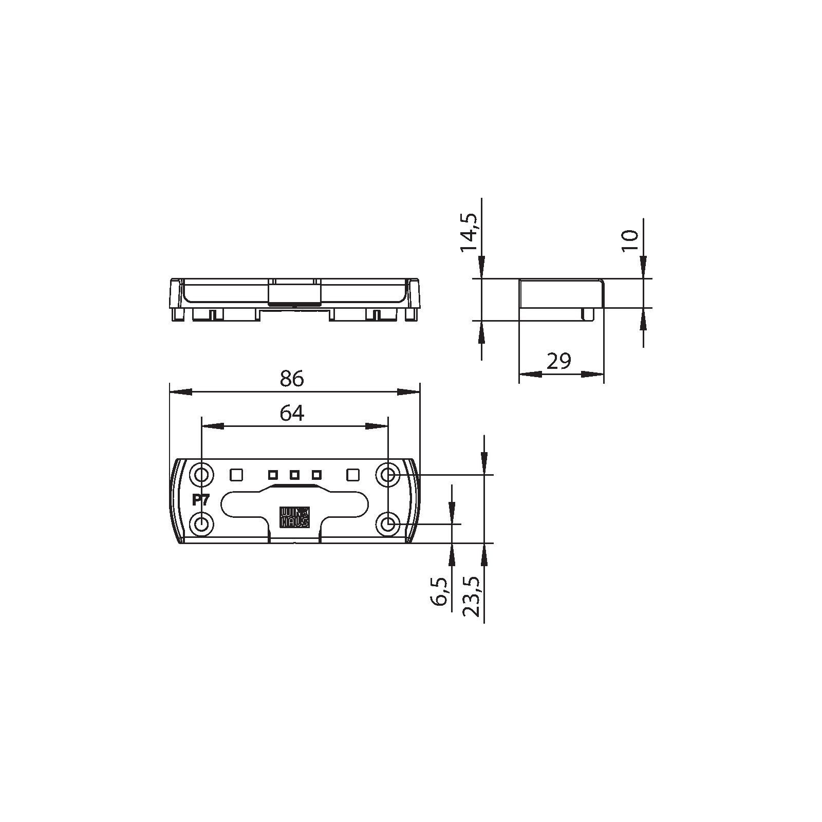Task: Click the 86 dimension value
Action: click(x=292, y=379)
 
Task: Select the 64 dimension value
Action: click(x=292, y=413)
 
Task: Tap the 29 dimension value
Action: click(x=559, y=362)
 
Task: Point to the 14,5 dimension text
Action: click(x=469, y=232)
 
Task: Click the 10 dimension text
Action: click(x=630, y=240)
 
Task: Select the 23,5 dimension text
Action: click(x=471, y=596)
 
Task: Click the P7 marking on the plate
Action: click(x=200, y=500)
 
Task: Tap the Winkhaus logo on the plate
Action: click(x=294, y=517)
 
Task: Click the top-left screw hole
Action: click(x=201, y=475)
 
